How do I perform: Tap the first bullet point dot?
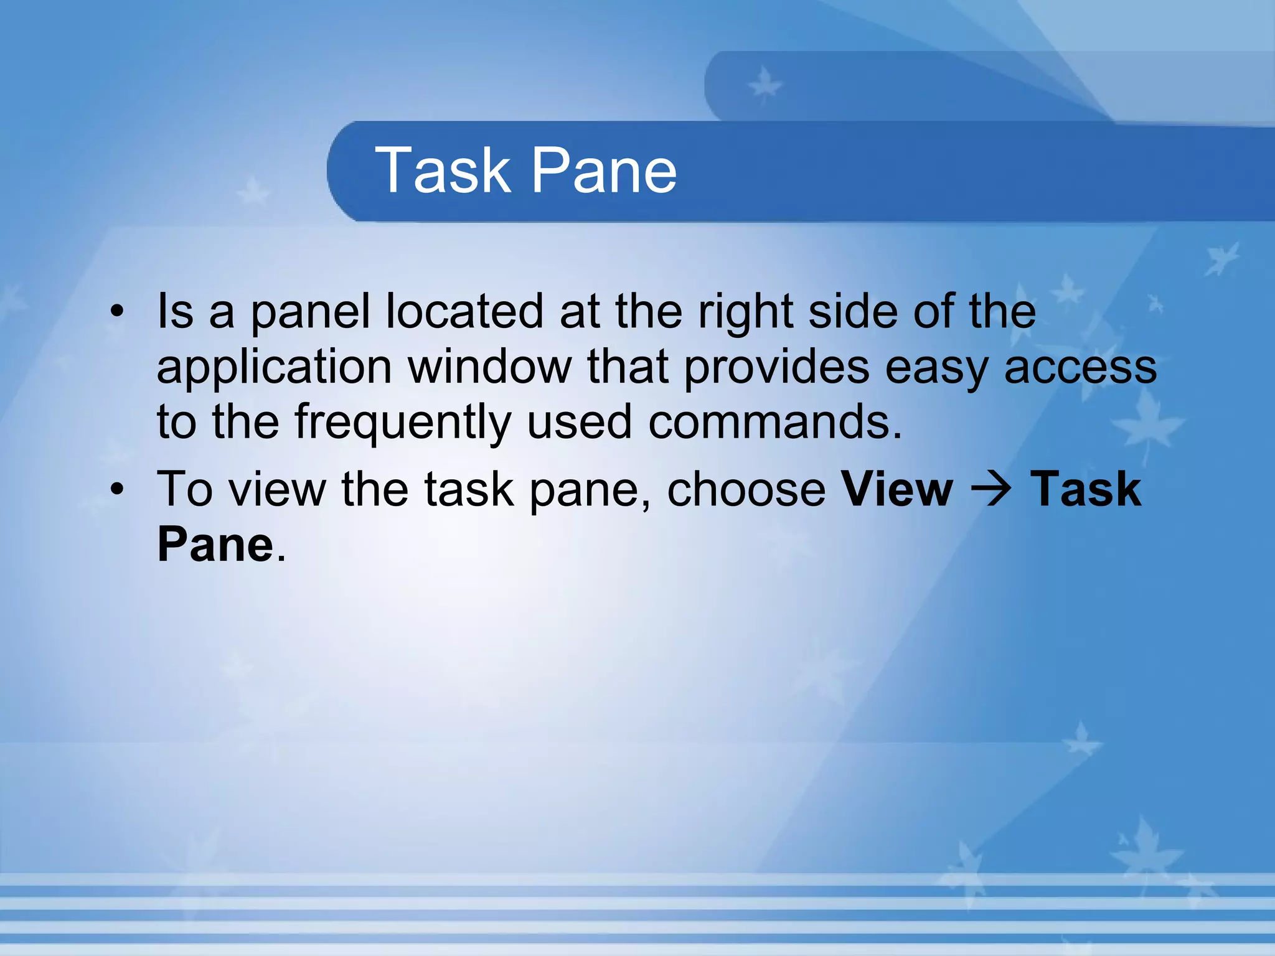coord(116,311)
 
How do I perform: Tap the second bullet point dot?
coord(116,489)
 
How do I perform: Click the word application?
coord(274,367)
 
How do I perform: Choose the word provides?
coord(776,367)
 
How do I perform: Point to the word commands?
coord(774,422)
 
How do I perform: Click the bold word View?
coord(896,489)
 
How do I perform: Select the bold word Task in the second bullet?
coord(1086,489)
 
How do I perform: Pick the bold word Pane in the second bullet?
coord(215,544)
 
